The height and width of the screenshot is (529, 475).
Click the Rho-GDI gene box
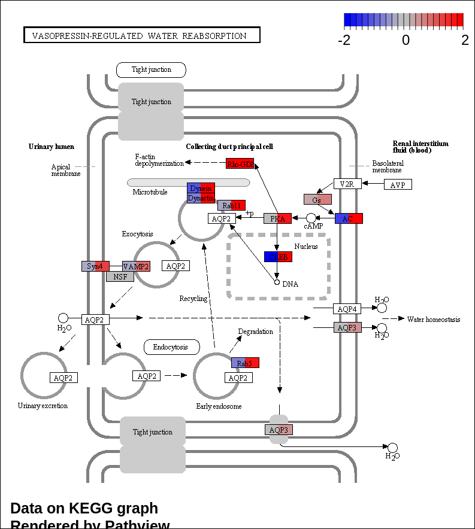pos(240,163)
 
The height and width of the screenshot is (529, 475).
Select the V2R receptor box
pos(347,184)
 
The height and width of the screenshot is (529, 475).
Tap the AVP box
pos(398,185)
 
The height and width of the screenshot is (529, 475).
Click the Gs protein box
pos(317,199)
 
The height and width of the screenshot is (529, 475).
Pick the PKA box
pos(277,218)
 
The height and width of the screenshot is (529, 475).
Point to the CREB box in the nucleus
pos(278,257)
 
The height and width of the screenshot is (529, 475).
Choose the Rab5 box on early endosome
pos(245,363)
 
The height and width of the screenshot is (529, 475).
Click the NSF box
pos(120,276)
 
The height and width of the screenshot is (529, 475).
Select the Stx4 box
pos(95,266)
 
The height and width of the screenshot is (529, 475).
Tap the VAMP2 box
pos(136,266)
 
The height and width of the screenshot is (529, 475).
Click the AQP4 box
pos(347,309)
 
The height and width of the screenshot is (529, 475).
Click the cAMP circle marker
pos(311,218)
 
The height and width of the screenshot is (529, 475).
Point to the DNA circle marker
pos(277,281)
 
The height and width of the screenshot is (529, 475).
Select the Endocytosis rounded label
pos(170,347)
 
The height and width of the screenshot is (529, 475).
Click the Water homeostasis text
pos(434,320)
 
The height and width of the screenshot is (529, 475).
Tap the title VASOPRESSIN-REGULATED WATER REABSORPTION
pos(141,35)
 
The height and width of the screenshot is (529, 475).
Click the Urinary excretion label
pos(43,406)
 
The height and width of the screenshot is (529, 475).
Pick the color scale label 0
pos(406,41)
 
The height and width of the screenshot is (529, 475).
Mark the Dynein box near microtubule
pos(201,188)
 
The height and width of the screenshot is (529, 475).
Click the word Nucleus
pos(306,247)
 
